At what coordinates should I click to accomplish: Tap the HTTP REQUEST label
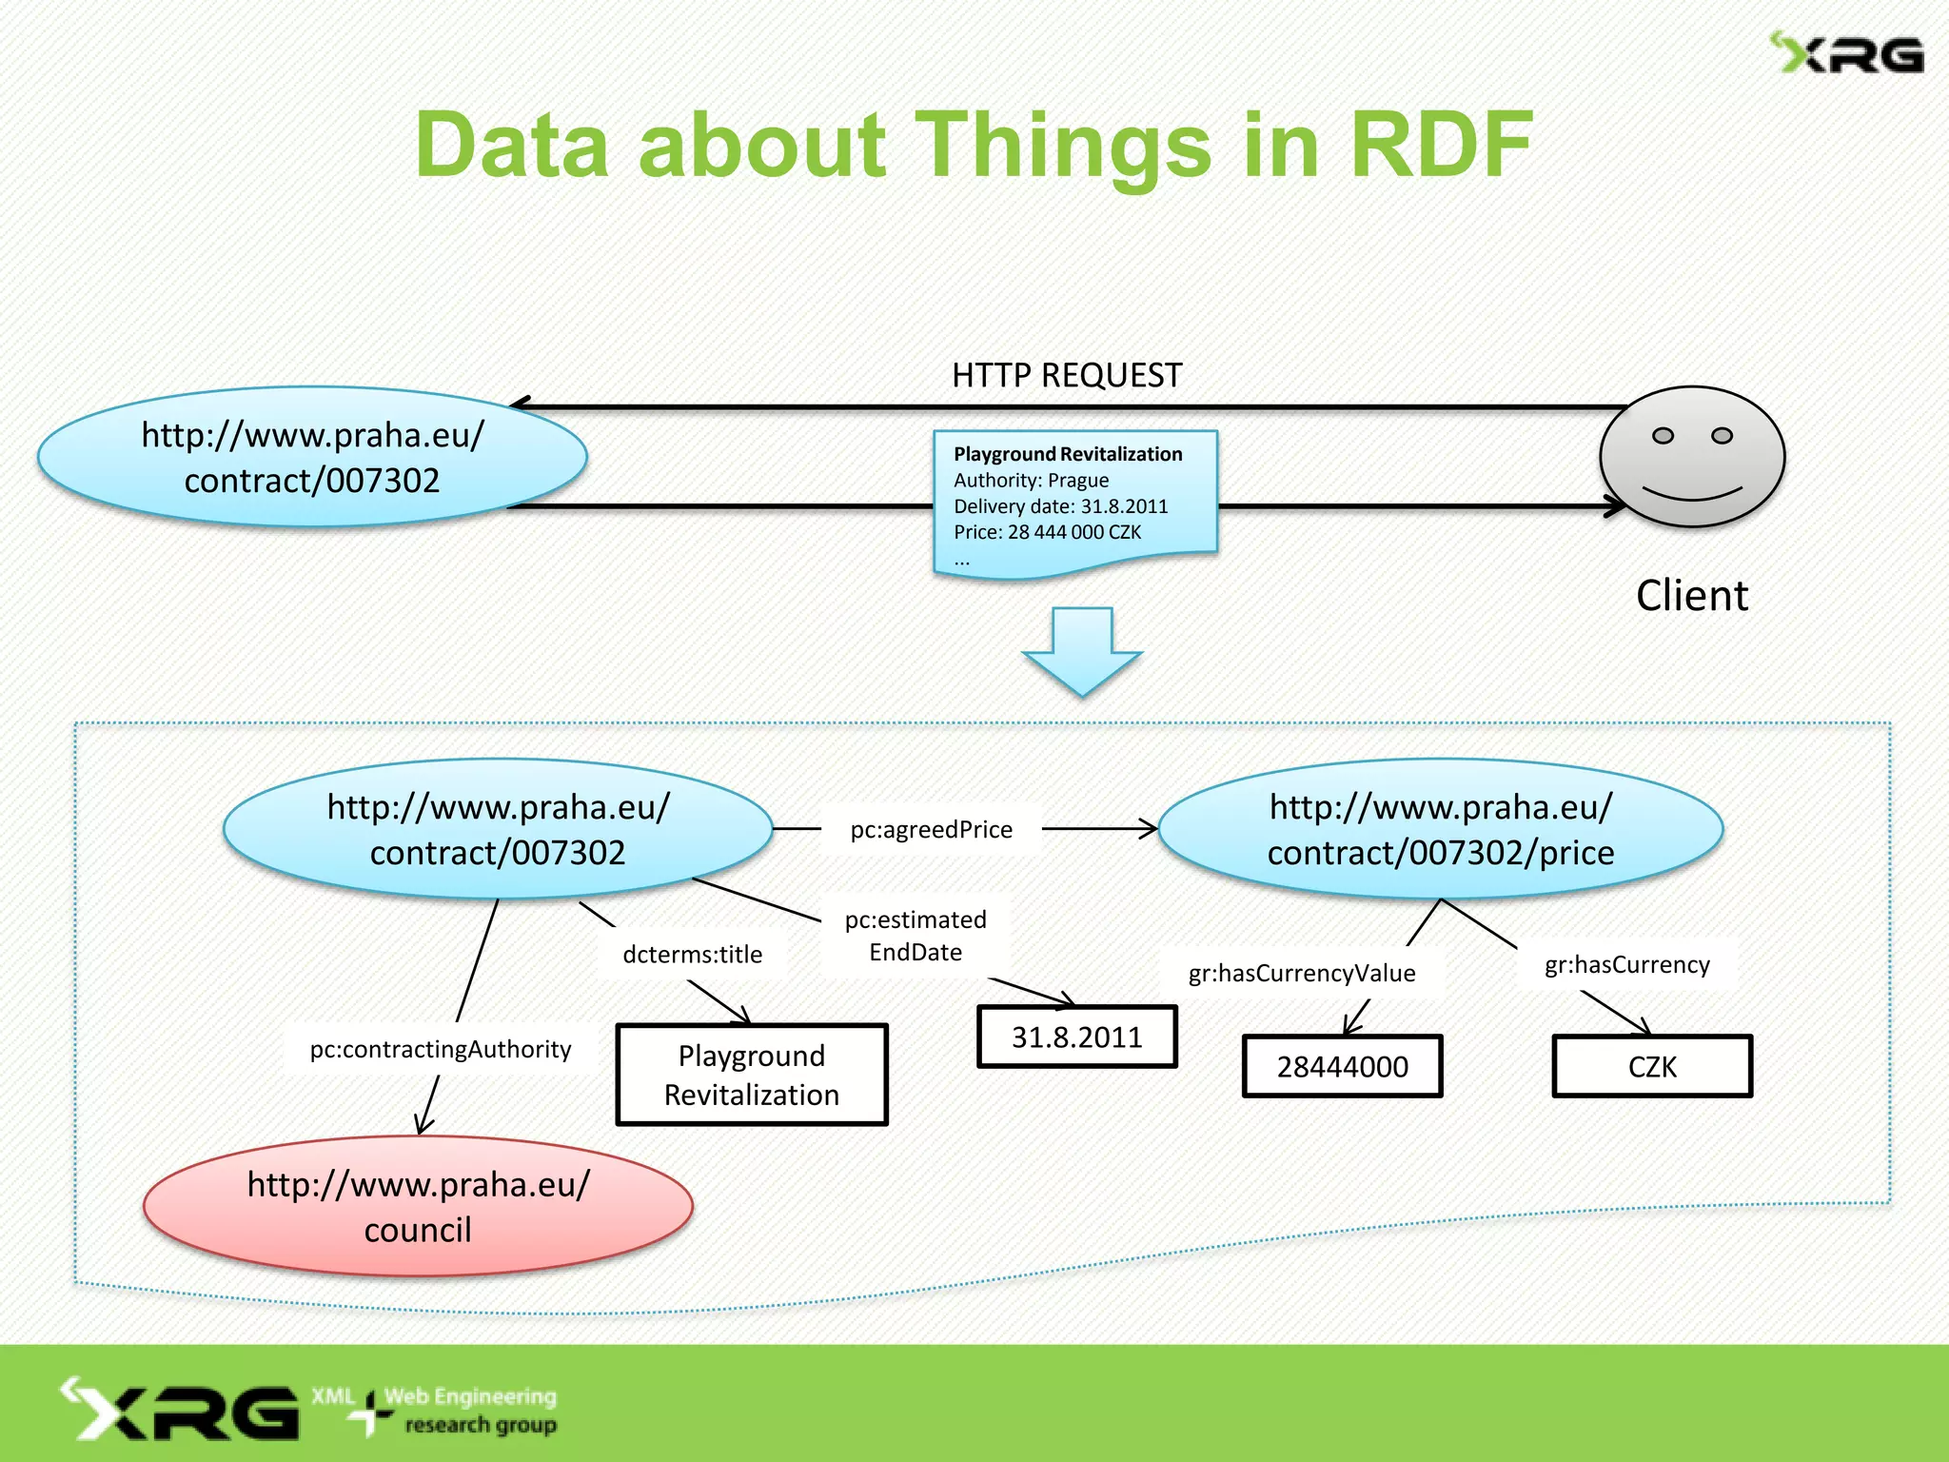pyautogui.click(x=1066, y=375)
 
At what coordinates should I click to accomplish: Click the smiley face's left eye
pyautogui.click(x=1662, y=436)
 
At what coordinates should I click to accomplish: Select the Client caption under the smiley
pyautogui.click(x=1691, y=596)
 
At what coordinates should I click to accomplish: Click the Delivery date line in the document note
pyautogui.click(x=1060, y=506)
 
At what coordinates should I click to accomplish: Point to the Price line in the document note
pyautogui.click(x=1047, y=532)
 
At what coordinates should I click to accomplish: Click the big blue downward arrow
pyautogui.click(x=1081, y=651)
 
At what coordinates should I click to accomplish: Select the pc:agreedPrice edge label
pyautogui.click(x=931, y=829)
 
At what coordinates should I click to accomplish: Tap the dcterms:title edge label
pyautogui.click(x=692, y=954)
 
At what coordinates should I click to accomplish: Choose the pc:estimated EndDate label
pyautogui.click(x=915, y=936)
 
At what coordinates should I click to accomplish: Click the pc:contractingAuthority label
pyautogui.click(x=440, y=1049)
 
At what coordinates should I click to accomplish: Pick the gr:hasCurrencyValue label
pyautogui.click(x=1301, y=973)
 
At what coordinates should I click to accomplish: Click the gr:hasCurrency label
pyautogui.click(x=1626, y=964)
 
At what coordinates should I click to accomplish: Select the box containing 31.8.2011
pyautogui.click(x=1076, y=1037)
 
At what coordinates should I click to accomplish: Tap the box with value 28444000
pyautogui.click(x=1342, y=1066)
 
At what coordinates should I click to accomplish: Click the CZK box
pyautogui.click(x=1651, y=1066)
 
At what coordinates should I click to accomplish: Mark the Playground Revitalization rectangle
pyautogui.click(x=751, y=1075)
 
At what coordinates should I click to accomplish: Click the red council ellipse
pyautogui.click(x=418, y=1206)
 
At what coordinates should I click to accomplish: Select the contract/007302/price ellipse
pyautogui.click(x=1440, y=829)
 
